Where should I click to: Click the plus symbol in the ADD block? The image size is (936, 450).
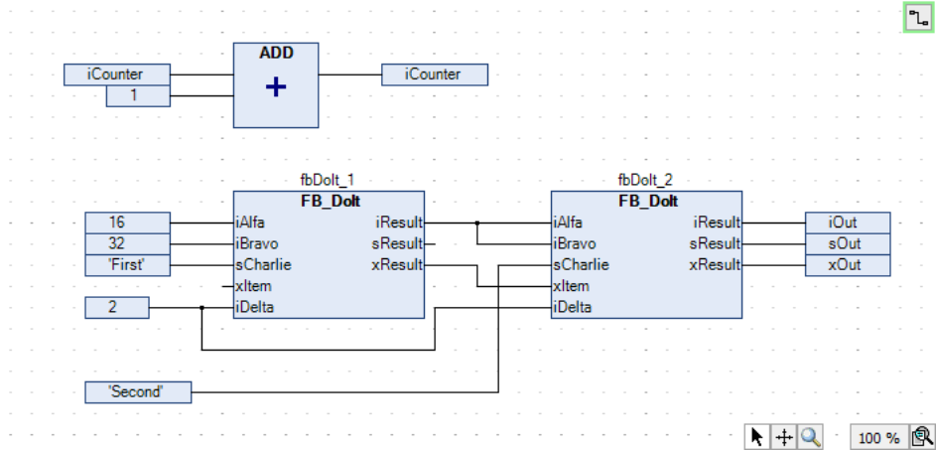(x=276, y=87)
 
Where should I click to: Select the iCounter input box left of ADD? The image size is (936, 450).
(x=116, y=75)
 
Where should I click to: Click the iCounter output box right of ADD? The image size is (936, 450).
(x=434, y=75)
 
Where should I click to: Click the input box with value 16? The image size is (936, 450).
(x=116, y=223)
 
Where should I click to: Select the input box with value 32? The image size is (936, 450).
(x=116, y=243)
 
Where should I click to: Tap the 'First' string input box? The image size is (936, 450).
(x=116, y=264)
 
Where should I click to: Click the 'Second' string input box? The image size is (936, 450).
(x=137, y=391)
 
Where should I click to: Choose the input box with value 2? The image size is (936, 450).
(x=116, y=307)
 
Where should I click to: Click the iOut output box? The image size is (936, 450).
(x=847, y=223)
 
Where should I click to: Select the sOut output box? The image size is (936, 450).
(x=847, y=243)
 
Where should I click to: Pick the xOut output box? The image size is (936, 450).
(x=847, y=264)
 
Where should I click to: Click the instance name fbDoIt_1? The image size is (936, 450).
(x=328, y=180)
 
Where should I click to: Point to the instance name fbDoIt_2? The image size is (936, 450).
(x=645, y=180)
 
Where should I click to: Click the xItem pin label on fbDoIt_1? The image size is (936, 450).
(x=254, y=286)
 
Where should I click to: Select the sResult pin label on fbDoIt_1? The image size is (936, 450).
(x=397, y=243)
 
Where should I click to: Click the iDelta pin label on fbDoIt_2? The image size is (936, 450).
(x=574, y=307)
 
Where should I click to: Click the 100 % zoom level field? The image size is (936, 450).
(x=877, y=437)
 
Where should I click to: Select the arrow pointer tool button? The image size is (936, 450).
(x=757, y=436)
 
